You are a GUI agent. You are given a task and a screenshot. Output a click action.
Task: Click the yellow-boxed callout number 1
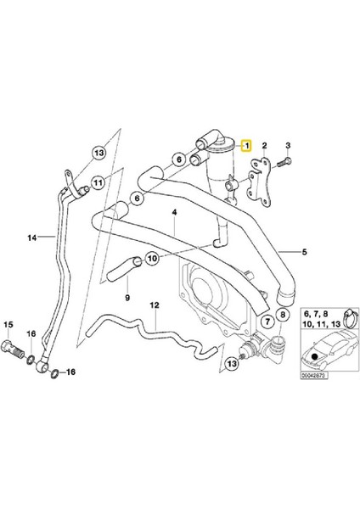click(247, 146)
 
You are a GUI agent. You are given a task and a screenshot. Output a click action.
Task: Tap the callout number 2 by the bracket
click(265, 146)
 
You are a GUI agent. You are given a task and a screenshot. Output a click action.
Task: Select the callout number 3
click(289, 146)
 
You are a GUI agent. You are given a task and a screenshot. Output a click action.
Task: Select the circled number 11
click(98, 182)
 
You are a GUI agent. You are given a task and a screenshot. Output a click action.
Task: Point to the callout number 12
click(155, 304)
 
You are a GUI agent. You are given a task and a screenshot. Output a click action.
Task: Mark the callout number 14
click(32, 238)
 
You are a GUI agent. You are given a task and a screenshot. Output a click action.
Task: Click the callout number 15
click(9, 324)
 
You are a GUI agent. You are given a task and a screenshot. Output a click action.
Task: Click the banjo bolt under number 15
click(13, 348)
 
